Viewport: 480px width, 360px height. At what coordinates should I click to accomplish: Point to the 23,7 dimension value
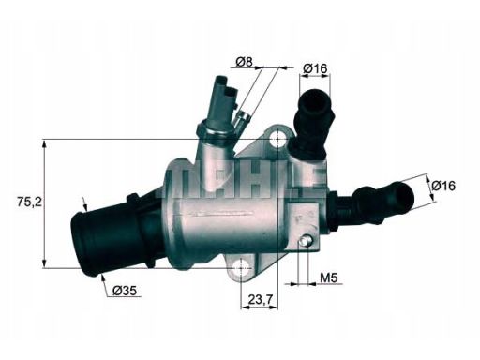(x=261, y=302)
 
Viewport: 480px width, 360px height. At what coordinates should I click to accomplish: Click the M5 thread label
(x=328, y=278)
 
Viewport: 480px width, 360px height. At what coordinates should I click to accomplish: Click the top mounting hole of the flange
(x=277, y=141)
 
